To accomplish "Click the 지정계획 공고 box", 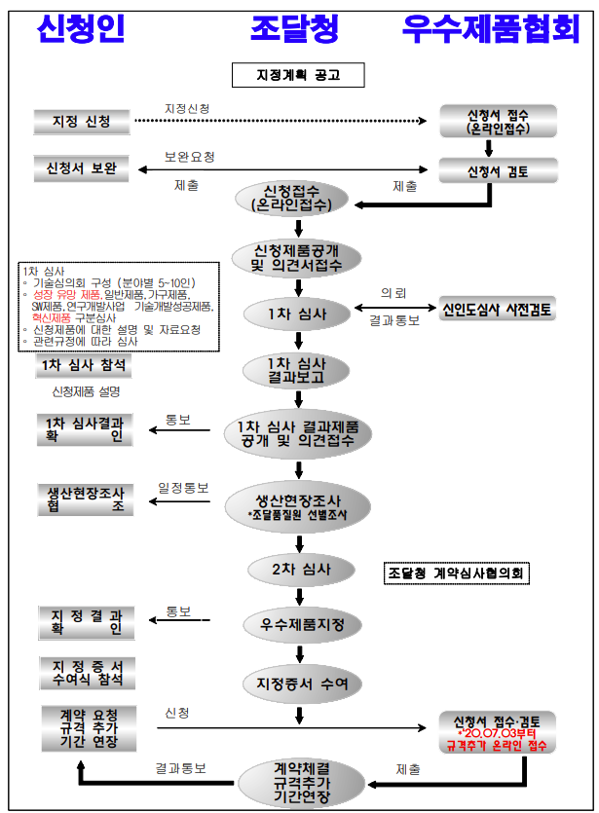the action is click(x=297, y=75).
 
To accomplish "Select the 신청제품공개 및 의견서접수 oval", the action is click(x=297, y=257).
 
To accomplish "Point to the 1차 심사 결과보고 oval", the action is click(x=297, y=371).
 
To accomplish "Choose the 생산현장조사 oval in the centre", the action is click(x=297, y=503).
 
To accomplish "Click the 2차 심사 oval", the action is click(x=297, y=568).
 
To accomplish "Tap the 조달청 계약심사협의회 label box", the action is click(x=457, y=573).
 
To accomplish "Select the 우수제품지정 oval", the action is click(x=297, y=623).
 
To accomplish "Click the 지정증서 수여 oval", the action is click(x=297, y=683).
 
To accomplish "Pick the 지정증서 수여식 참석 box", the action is click(x=87, y=672).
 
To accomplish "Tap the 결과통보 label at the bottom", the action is click(x=181, y=768).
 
